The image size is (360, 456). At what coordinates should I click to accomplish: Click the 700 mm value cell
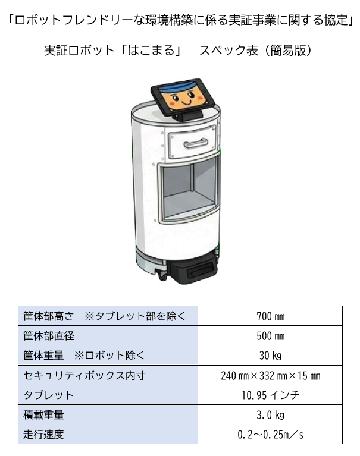coord(270,316)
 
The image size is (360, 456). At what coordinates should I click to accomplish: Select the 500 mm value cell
coord(270,335)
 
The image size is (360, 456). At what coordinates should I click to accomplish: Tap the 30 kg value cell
coord(270,356)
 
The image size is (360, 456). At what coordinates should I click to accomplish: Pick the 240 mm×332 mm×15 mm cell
coord(270,376)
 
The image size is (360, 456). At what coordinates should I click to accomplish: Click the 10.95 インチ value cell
coord(270,395)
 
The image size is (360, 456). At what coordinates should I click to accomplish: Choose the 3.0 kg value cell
coord(270,415)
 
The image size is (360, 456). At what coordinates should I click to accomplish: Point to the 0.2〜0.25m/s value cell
coord(270,435)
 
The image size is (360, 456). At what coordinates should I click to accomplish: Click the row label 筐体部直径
coord(49,336)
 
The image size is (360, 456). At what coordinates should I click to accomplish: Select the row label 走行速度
coord(43,435)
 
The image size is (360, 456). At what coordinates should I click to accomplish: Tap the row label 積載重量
coord(43,415)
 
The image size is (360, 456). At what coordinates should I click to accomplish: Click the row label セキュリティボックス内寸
coord(84,376)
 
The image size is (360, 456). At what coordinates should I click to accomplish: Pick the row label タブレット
coord(48,395)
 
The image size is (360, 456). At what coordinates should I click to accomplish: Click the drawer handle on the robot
coord(196,143)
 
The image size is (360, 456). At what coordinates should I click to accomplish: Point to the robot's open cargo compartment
coord(189,190)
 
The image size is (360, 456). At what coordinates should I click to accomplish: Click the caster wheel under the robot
coord(162,274)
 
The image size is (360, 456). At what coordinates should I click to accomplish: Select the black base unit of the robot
coord(193,269)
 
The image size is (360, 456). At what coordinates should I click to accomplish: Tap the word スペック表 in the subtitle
coord(228,51)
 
